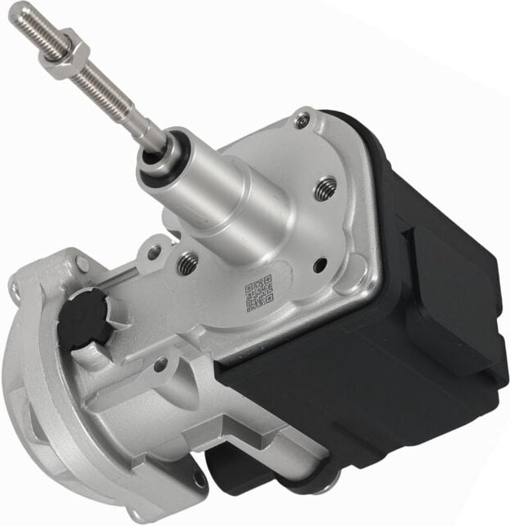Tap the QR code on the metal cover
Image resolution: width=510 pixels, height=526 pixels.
click(x=258, y=293)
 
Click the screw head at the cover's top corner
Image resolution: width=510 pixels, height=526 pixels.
click(x=302, y=121)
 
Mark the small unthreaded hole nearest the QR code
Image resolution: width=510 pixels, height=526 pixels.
click(x=319, y=263)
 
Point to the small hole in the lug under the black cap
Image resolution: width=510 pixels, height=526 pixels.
click(x=160, y=364)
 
